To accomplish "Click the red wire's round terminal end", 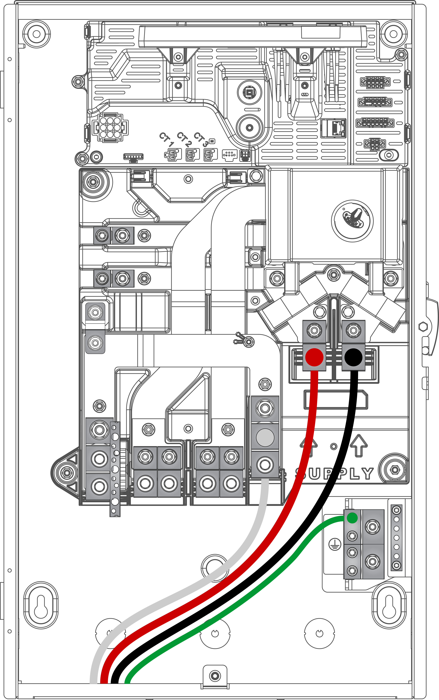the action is click(314, 357).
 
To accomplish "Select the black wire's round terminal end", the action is click(353, 357).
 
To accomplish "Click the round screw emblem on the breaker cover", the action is click(352, 221).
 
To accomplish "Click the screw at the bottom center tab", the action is click(215, 676).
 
